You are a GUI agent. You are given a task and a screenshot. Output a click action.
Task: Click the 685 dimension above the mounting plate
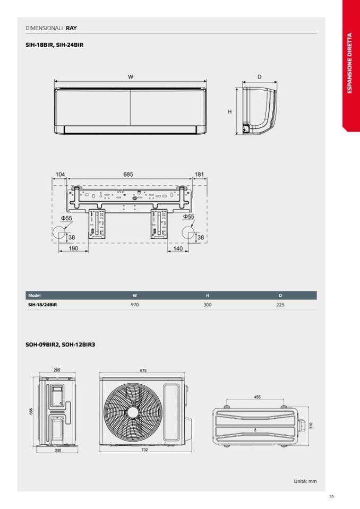pyautogui.click(x=128, y=174)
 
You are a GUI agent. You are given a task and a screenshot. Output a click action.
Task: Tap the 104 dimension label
pyautogui.click(x=60, y=174)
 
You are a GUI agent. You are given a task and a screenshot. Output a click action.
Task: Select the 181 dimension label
pyautogui.click(x=199, y=174)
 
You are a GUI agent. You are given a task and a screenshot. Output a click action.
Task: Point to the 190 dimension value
pyautogui.click(x=73, y=248)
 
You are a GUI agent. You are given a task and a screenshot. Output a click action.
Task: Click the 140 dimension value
pyautogui.click(x=178, y=248)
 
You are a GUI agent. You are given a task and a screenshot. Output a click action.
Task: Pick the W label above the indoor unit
pyautogui.click(x=131, y=77)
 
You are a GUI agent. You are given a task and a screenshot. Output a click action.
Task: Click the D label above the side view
pyautogui.click(x=260, y=77)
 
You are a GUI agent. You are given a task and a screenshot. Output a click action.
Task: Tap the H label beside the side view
pyautogui.click(x=230, y=111)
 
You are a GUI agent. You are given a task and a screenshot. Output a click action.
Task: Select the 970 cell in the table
pyautogui.click(x=135, y=305)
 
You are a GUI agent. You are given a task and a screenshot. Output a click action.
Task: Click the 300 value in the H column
pyautogui.click(x=208, y=305)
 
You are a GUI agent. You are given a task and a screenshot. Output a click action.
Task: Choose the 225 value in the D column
pyautogui.click(x=280, y=305)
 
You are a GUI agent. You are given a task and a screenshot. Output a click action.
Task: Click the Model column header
pyautogui.click(x=35, y=296)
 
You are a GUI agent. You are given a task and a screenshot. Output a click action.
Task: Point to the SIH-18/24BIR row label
pyautogui.click(x=42, y=305)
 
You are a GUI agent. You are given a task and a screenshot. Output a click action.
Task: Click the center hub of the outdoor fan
pyautogui.click(x=132, y=412)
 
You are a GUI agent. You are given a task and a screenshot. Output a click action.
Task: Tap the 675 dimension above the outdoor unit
pyautogui.click(x=143, y=370)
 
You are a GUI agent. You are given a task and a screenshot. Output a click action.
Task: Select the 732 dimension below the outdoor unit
pyautogui.click(x=145, y=450)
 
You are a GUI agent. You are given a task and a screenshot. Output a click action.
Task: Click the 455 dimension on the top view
pyautogui.click(x=257, y=396)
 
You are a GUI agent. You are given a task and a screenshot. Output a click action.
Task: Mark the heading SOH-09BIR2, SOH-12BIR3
pyautogui.click(x=61, y=344)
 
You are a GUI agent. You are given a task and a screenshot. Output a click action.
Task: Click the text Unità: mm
pyautogui.click(x=305, y=481)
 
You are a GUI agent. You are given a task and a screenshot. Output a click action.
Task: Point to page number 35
pyautogui.click(x=331, y=496)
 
